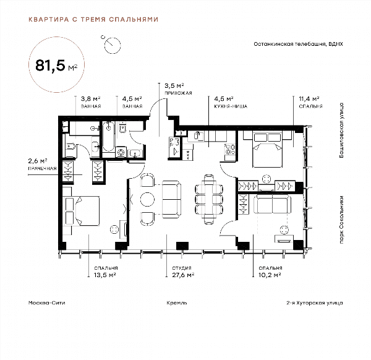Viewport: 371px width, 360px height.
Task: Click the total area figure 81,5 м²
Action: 56,66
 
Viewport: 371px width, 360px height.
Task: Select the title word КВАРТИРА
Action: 49,19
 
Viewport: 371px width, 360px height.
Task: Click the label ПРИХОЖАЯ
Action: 178,93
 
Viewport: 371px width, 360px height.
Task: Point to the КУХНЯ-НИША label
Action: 231,106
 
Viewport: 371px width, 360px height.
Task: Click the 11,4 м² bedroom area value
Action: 309,98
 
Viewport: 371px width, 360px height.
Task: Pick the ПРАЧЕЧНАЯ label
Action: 42,168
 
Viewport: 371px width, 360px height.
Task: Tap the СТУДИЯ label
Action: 182,268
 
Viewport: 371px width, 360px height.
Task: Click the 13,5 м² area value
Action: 105,275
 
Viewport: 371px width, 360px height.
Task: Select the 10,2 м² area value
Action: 270,275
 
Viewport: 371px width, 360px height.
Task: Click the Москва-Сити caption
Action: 46,302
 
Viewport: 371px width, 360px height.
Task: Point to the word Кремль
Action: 177,303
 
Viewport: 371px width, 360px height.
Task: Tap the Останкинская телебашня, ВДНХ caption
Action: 299,44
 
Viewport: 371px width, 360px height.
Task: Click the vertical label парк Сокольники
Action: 341,220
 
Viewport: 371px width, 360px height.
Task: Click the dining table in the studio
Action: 209,199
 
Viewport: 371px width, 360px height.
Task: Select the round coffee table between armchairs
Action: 147,199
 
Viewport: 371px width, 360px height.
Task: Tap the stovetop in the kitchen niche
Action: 230,149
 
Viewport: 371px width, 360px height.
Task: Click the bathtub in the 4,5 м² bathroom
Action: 109,137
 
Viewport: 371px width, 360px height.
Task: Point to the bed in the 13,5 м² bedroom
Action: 82,211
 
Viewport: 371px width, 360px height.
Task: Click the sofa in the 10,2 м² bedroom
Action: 272,204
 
